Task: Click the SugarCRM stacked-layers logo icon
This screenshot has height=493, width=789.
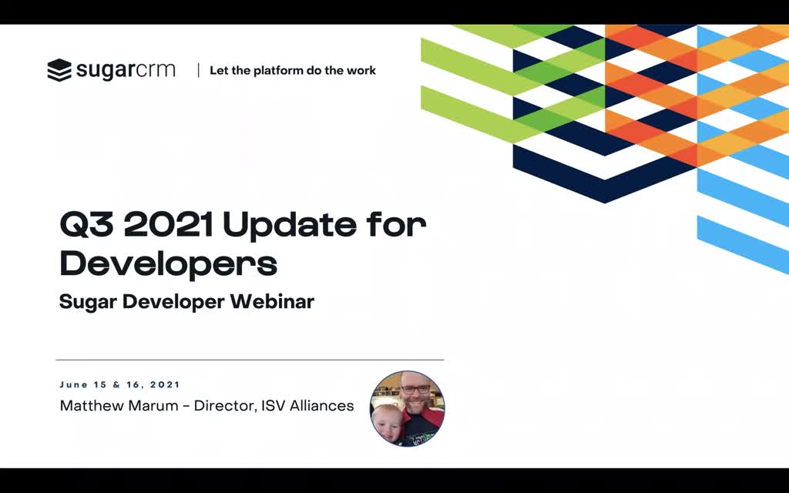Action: coord(59,70)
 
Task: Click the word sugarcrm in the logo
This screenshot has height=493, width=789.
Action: coord(126,70)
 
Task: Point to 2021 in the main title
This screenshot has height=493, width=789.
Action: coord(169,224)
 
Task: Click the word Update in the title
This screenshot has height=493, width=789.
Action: coord(289,226)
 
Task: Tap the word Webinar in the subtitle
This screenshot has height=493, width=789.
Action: coord(272,301)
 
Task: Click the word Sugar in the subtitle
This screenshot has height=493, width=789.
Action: coord(88,303)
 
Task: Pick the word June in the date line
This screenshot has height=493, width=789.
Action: coord(73,385)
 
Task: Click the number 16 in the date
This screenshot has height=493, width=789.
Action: coord(133,385)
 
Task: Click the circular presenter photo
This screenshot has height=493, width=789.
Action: coord(407,408)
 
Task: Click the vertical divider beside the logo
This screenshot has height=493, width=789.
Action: coord(198,70)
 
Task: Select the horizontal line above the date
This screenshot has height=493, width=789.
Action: coord(250,361)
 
